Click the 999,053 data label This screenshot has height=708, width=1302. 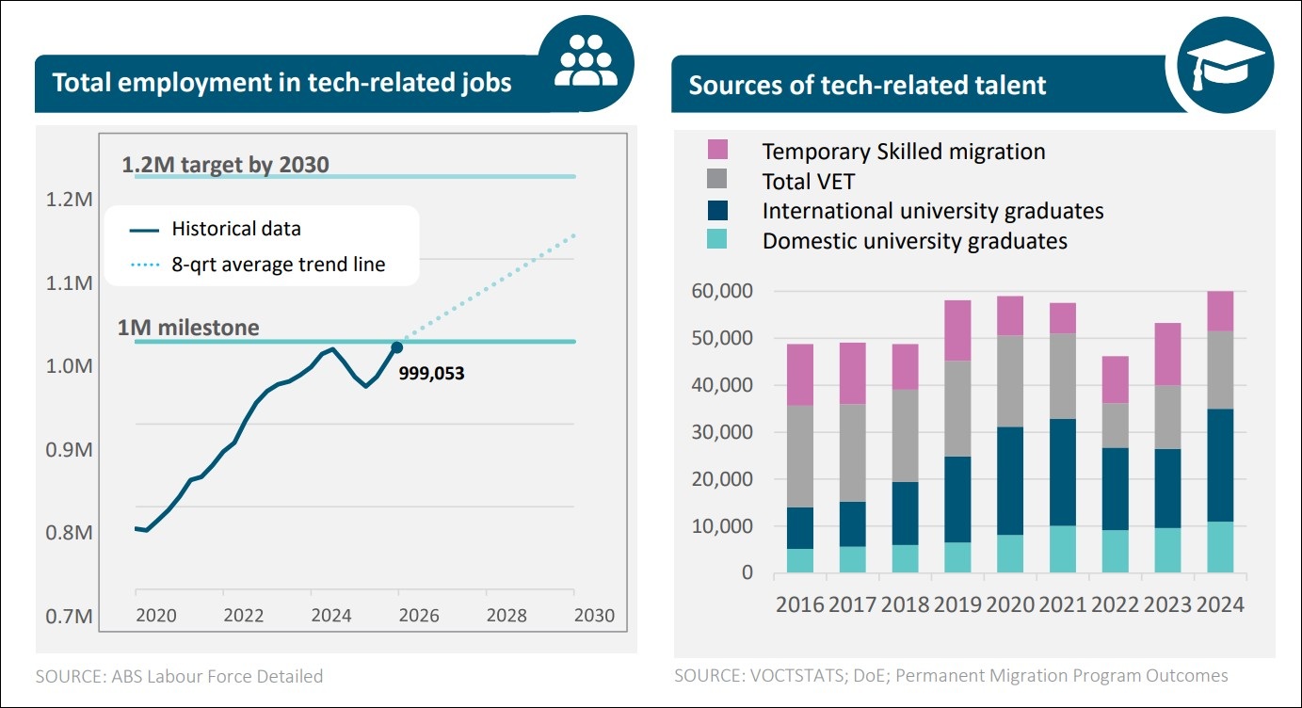click(x=431, y=373)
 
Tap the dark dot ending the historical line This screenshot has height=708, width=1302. click(x=397, y=347)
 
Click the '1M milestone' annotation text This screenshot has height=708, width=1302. click(x=188, y=328)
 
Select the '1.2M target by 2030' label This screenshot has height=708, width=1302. click(x=226, y=165)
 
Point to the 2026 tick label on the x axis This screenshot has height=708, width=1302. click(x=419, y=615)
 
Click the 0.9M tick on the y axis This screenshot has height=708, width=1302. click(x=69, y=449)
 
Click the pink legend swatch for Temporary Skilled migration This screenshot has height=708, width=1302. click(x=717, y=150)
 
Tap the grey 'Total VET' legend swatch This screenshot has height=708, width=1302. click(x=717, y=179)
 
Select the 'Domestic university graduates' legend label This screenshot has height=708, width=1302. click(x=914, y=241)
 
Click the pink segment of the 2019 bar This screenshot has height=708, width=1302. click(x=957, y=330)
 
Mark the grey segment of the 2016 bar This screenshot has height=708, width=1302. click(x=800, y=457)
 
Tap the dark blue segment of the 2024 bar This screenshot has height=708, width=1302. click(x=1220, y=465)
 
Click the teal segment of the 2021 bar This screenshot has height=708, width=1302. click(x=1063, y=549)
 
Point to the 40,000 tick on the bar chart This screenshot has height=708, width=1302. click(x=722, y=385)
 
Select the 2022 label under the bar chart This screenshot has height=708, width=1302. click(x=1115, y=604)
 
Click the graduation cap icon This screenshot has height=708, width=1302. click(x=1226, y=65)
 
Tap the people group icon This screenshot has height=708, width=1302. click(x=586, y=60)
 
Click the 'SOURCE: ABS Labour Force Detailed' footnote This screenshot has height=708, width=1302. click(x=179, y=676)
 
